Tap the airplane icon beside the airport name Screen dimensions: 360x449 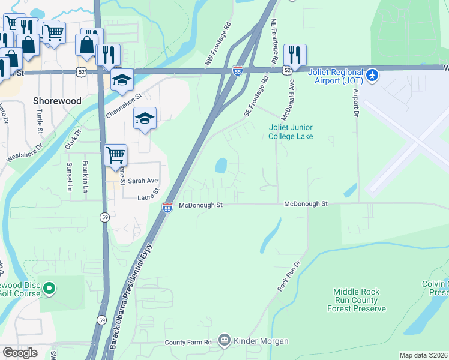[372, 76]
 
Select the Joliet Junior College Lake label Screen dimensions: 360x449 [291, 132]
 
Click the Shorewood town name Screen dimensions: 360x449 [58, 101]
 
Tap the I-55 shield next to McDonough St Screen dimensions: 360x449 [167, 208]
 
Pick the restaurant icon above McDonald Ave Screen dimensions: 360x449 [295, 55]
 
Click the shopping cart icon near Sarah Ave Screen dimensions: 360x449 [116, 155]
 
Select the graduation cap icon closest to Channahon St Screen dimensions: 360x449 [122, 79]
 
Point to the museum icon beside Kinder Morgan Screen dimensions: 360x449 [224, 341]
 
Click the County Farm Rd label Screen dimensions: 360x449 [188, 342]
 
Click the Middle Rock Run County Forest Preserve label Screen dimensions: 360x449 [356, 300]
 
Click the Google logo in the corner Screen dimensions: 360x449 [20, 353]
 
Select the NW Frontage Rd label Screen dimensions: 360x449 [217, 45]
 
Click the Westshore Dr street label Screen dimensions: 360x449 [25, 152]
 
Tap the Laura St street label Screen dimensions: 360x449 [148, 194]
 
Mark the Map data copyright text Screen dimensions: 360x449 [423, 355]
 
